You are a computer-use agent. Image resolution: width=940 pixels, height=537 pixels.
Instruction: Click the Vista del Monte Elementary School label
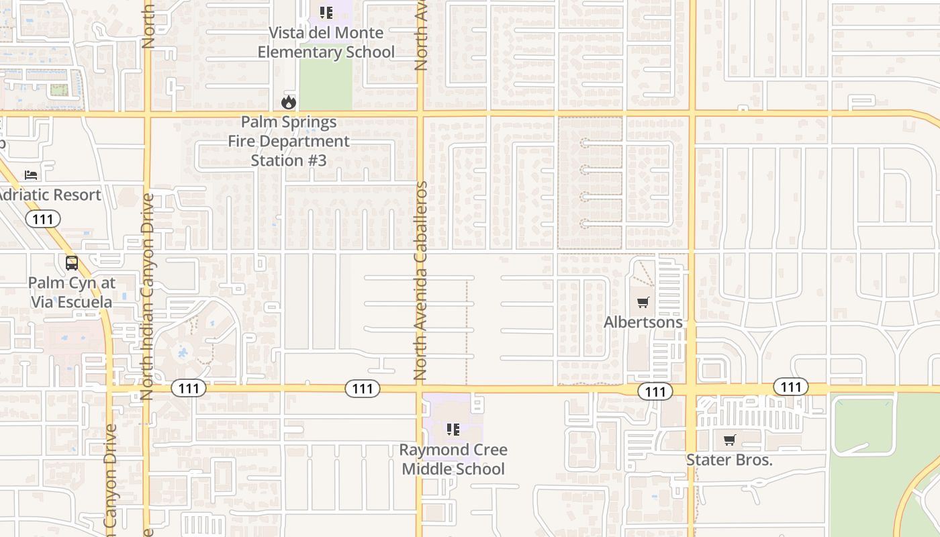tap(326, 42)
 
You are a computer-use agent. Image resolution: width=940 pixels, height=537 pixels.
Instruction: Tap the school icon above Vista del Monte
tap(326, 13)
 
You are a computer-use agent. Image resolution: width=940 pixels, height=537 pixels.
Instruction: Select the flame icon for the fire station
tap(289, 103)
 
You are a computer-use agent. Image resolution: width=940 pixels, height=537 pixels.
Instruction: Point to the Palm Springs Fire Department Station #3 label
tap(289, 142)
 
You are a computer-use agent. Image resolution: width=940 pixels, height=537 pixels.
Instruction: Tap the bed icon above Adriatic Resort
tap(31, 175)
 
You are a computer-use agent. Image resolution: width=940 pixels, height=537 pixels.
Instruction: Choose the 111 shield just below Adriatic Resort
tap(43, 219)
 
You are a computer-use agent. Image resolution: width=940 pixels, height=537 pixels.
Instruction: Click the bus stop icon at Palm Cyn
tap(72, 263)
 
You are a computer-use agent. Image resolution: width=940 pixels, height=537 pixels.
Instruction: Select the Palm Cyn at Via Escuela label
tap(72, 293)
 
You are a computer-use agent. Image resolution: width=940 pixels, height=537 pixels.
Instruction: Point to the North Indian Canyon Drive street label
tap(148, 297)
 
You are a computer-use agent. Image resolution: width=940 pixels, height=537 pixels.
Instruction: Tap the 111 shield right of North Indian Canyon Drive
tap(188, 388)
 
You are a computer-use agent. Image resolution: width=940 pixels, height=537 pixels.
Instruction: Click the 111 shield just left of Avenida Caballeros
tap(363, 388)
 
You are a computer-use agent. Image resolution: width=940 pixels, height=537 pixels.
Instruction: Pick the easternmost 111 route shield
tap(791, 387)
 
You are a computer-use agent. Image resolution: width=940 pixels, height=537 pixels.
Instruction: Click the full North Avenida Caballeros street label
tap(421, 281)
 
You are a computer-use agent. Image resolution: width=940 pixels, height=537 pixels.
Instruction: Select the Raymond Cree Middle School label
tap(453, 459)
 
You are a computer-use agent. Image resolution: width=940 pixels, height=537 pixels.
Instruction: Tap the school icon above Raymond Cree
tap(453, 430)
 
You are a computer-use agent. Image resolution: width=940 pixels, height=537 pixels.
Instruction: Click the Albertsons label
tap(643, 322)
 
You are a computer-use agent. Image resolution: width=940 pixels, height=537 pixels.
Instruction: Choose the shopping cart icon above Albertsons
tap(643, 302)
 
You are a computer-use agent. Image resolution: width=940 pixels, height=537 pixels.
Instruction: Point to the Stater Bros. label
tap(729, 460)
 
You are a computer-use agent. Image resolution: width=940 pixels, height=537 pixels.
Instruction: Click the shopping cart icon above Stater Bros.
tap(730, 440)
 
